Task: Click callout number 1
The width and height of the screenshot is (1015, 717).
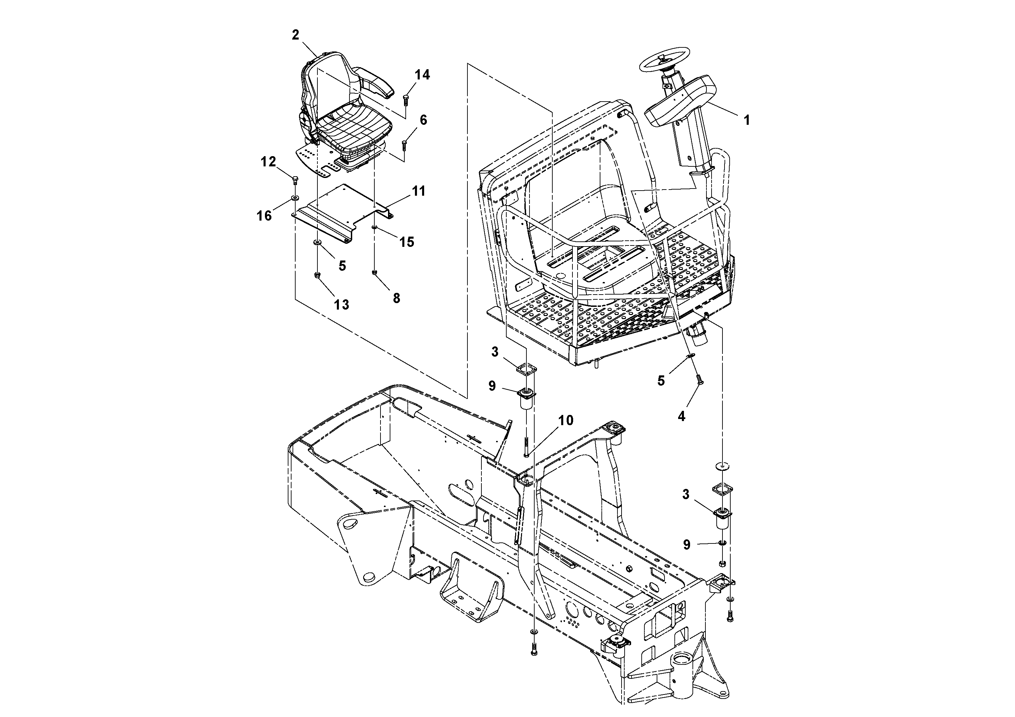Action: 747,120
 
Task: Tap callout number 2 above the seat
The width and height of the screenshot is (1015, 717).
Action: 296,35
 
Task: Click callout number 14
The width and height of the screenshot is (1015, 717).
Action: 422,75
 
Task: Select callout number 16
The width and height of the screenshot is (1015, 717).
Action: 264,216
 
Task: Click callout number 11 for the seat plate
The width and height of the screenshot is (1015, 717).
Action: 419,191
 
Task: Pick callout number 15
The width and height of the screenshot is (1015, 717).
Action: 407,241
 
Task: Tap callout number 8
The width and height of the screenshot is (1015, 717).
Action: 396,298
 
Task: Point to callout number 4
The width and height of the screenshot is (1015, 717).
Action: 681,416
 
